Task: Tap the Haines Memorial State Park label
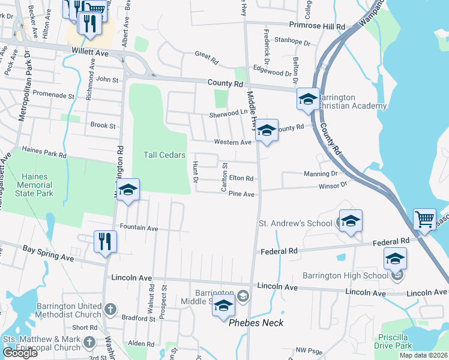coord(37,185)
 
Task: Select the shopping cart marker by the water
coord(424,220)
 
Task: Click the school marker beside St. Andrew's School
coord(351,220)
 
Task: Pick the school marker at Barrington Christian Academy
coord(308,99)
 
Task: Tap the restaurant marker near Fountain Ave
coord(105,242)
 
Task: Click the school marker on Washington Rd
coord(128,190)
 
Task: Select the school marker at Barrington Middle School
coord(224,306)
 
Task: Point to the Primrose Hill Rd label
coord(318,27)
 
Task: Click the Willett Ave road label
coord(89,53)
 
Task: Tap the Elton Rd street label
coord(241,178)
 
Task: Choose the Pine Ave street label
coord(242,194)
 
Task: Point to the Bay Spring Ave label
coord(48,253)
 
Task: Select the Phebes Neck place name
coord(256,323)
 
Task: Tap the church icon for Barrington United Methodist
coord(109,309)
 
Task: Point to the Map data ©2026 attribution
coord(423,355)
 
